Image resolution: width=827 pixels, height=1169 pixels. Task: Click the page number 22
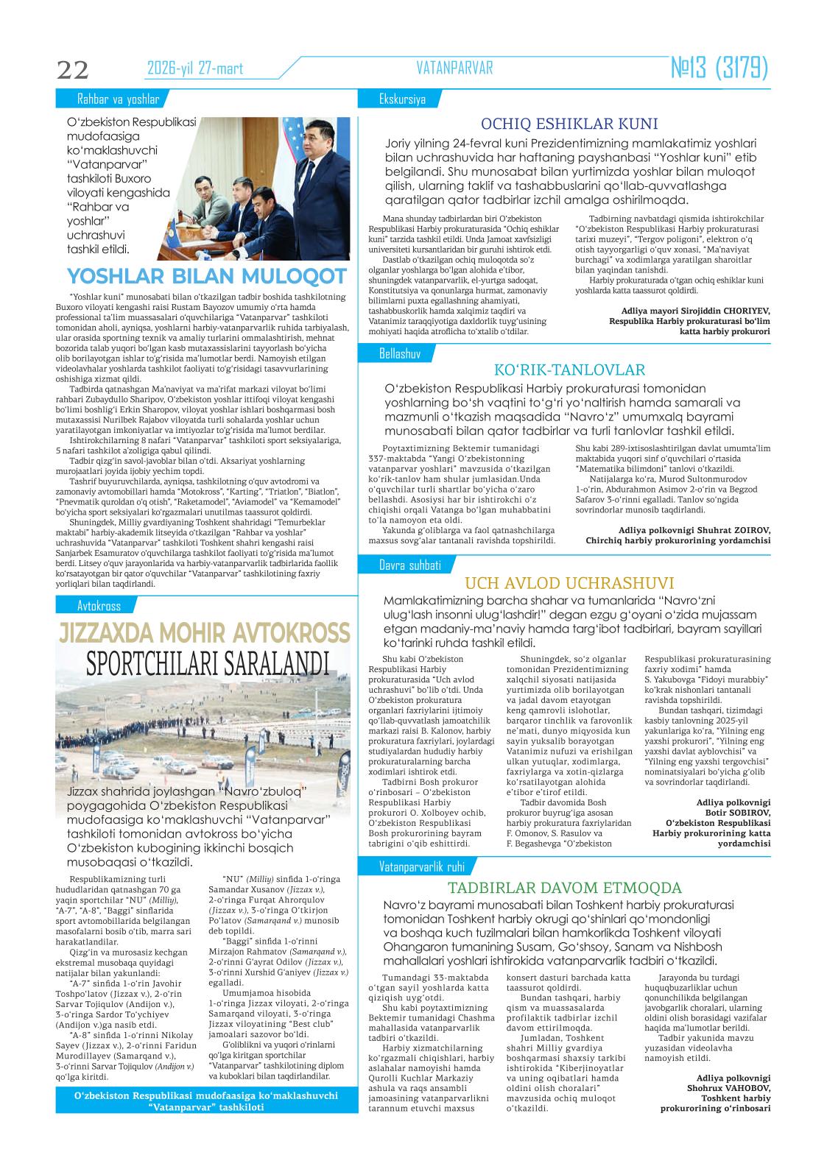coord(72,69)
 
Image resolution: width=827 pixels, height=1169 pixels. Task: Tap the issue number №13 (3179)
coord(719,68)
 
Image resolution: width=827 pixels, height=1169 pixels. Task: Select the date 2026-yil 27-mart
coord(195,69)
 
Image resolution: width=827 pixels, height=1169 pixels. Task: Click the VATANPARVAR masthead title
coord(454,68)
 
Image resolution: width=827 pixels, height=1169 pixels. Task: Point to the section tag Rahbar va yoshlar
coord(118,99)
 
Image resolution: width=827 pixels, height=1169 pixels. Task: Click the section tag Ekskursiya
coord(402,99)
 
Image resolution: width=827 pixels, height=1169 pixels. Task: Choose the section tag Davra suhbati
coord(409,565)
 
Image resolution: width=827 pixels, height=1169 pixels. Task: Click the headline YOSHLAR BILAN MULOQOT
coord(207,276)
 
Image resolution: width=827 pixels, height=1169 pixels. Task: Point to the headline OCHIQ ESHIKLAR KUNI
coord(569,124)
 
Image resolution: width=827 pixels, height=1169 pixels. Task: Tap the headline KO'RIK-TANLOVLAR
coord(570,370)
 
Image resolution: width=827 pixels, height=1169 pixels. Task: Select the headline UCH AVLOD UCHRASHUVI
coord(570,583)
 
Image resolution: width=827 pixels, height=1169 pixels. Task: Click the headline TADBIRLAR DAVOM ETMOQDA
coord(566,887)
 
